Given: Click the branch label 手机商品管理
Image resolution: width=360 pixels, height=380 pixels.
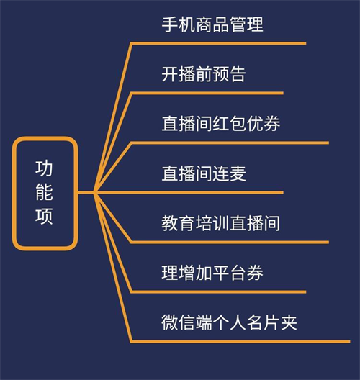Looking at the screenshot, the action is tap(212, 24).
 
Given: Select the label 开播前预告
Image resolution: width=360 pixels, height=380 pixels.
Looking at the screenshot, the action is tap(204, 74).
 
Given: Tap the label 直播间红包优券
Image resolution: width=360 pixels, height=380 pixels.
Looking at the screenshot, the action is tap(221, 124).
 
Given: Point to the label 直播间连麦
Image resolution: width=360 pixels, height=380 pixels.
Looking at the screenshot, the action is tap(204, 173).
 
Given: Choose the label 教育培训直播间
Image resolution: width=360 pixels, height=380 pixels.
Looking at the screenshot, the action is tap(221, 223).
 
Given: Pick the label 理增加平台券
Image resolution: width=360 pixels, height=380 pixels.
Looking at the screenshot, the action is tap(212, 273).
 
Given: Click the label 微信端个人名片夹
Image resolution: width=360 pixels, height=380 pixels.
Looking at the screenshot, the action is tap(230, 322).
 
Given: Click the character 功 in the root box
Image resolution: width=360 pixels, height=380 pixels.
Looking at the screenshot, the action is tap(44, 168).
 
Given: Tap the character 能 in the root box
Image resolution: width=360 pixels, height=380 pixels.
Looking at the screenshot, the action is tap(44, 192).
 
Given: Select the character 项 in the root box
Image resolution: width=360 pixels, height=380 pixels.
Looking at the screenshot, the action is tap(44, 216).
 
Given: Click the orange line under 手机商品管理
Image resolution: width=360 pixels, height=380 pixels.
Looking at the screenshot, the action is tap(218, 44).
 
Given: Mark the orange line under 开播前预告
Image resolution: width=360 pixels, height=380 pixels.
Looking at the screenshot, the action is tap(207, 94).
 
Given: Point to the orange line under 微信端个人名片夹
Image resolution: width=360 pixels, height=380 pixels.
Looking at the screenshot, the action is tap(240, 342).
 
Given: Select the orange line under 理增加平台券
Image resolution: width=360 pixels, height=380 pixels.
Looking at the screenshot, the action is tap(218, 292).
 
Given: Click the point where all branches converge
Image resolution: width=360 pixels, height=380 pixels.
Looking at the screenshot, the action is tap(94, 193).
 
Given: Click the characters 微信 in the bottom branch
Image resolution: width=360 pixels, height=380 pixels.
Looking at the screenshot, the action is tap(179, 322).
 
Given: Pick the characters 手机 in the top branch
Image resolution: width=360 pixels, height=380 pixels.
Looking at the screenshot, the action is tap(179, 24).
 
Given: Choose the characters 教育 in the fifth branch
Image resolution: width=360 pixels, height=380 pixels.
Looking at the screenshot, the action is tap(179, 223).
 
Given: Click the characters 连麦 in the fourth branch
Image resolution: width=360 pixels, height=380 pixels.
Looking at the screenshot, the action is tap(230, 173).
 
